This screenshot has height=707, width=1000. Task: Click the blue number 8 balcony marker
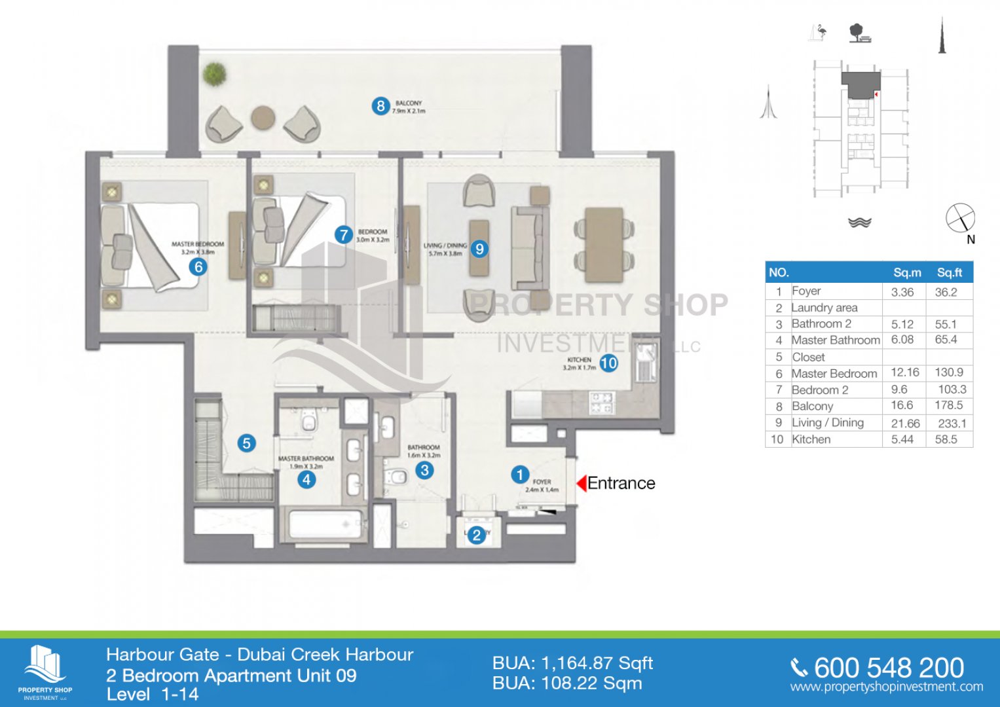(380, 105)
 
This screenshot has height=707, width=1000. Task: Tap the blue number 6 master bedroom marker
(198, 266)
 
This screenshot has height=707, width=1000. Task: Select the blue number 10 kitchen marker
(608, 363)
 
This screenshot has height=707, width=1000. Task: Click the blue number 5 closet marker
(246, 443)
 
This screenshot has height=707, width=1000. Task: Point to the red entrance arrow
(580, 483)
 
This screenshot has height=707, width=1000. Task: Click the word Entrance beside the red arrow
(621, 483)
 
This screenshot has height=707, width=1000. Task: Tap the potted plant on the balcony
(213, 73)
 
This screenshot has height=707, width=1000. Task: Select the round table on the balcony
(263, 118)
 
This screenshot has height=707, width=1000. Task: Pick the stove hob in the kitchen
(601, 402)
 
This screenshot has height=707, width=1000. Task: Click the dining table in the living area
(604, 244)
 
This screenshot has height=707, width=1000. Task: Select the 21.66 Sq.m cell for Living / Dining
(905, 424)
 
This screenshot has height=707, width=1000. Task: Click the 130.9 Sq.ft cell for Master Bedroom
(948, 372)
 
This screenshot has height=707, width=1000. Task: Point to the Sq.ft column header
(949, 272)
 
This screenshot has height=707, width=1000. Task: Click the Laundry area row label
(824, 308)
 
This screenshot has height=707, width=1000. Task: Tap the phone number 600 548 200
(888, 668)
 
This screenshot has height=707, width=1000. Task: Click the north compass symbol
(960, 219)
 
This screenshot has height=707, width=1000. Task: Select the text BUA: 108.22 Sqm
(567, 683)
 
